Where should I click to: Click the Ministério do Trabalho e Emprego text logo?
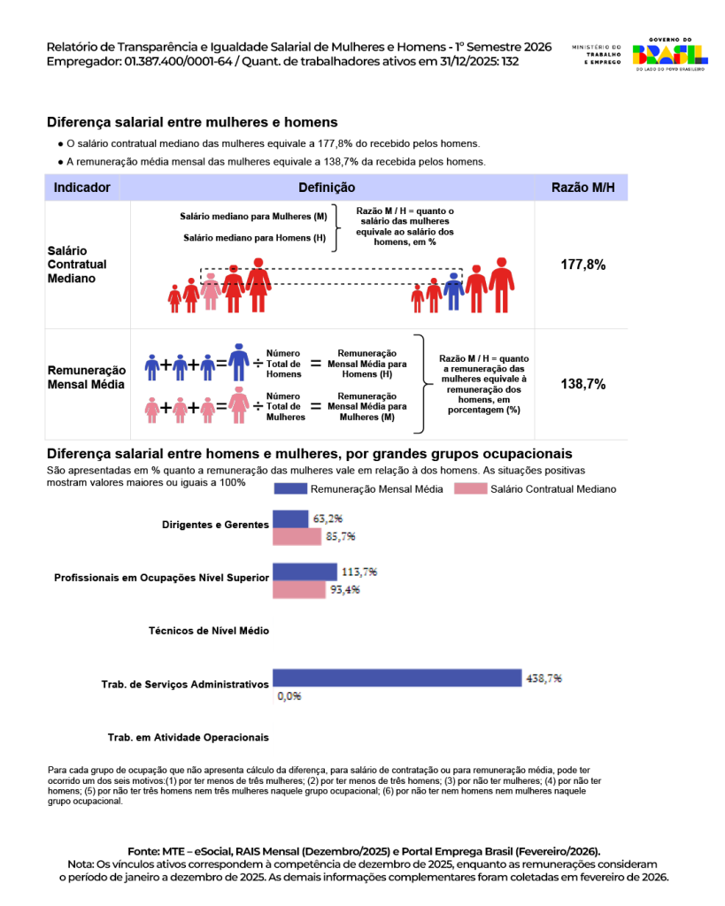598,54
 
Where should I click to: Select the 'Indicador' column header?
81,188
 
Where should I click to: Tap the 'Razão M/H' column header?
582,188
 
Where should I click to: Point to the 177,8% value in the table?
582,265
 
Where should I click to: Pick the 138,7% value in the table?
582,384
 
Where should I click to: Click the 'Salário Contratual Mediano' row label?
77,265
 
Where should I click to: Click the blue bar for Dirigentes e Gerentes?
289,518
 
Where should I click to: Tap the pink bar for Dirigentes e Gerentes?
297,536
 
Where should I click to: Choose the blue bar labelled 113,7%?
305,572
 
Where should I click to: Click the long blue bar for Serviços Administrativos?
397,678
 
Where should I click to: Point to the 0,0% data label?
289,696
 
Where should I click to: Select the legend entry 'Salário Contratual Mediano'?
552,488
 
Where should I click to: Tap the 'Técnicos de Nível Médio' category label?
209,631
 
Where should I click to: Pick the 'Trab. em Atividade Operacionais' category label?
188,737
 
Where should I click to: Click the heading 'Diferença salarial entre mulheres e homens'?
192,122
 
